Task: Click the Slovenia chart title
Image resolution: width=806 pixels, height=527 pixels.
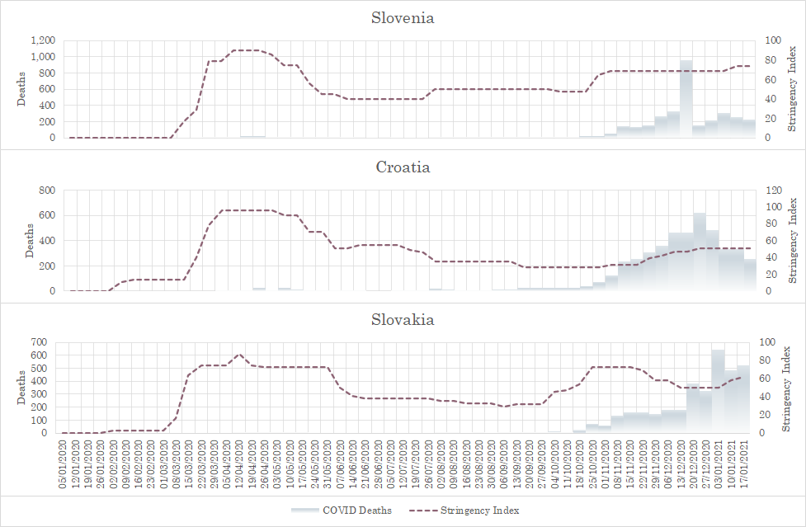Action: [403, 17]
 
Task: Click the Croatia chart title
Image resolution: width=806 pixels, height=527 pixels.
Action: [403, 167]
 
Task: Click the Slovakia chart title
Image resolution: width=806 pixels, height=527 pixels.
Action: [403, 319]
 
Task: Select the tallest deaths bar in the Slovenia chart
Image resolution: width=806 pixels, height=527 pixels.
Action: [686, 98]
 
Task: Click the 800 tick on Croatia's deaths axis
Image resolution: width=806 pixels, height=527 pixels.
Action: [47, 191]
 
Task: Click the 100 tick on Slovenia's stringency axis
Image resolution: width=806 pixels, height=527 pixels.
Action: [773, 40]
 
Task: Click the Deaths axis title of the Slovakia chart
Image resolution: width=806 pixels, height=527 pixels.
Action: [21, 387]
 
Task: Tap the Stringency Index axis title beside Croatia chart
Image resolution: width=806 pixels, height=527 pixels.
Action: [794, 241]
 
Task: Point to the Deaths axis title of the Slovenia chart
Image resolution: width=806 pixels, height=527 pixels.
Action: [21, 89]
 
